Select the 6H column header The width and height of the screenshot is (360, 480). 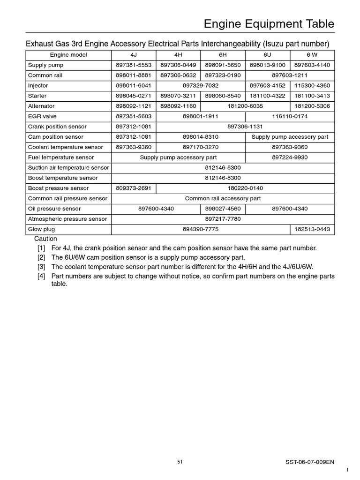(x=223, y=55)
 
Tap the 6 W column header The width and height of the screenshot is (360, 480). (x=312, y=55)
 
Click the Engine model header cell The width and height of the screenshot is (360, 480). (x=68, y=55)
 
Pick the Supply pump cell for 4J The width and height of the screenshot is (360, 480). (x=134, y=65)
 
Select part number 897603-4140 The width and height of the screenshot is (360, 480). (x=312, y=65)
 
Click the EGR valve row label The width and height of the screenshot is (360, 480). (x=42, y=117)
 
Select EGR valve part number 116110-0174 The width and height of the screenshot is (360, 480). (x=290, y=117)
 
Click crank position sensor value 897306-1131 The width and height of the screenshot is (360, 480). (x=245, y=127)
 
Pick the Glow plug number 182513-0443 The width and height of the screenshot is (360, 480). (x=312, y=230)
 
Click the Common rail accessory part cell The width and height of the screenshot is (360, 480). (x=223, y=199)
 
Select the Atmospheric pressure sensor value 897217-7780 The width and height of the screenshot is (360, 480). (x=223, y=219)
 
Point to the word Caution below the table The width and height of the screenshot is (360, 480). (x=45, y=239)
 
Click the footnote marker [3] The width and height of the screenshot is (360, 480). (x=42, y=267)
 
